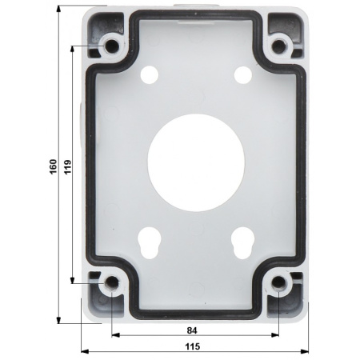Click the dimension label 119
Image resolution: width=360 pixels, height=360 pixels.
click(68, 166)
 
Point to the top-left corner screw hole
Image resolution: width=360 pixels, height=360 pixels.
click(112, 46)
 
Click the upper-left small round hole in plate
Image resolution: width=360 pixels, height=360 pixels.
click(150, 74)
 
